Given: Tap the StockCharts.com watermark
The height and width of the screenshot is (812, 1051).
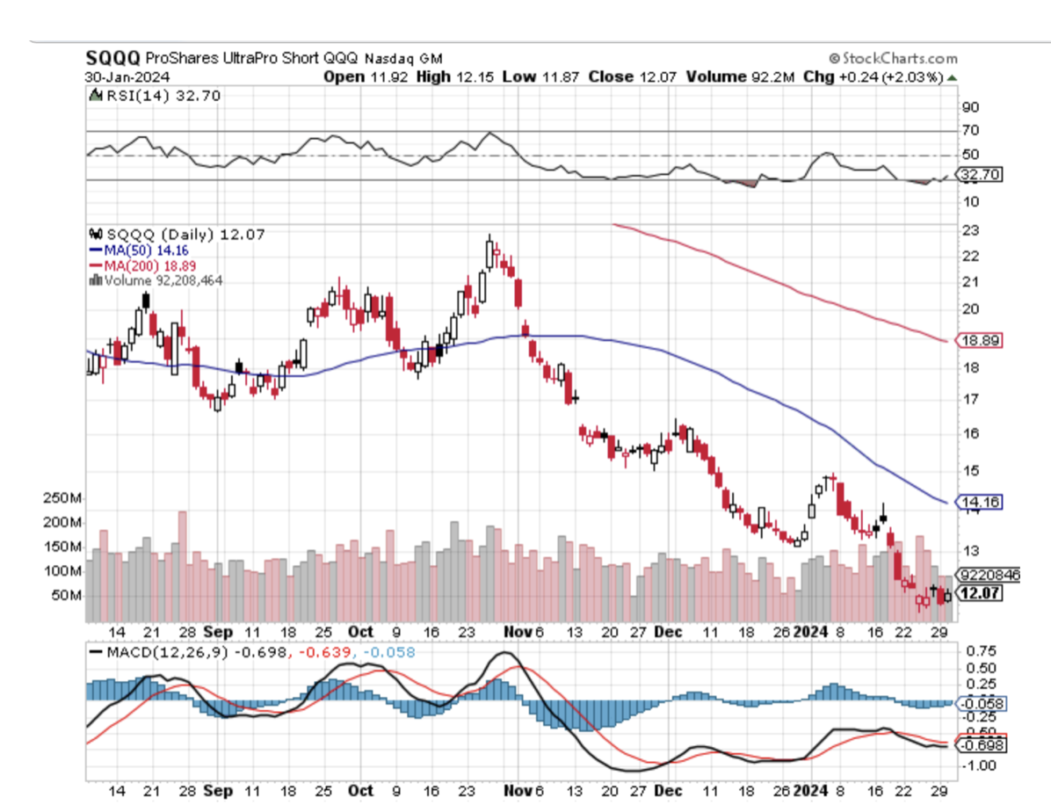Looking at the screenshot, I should [893, 58].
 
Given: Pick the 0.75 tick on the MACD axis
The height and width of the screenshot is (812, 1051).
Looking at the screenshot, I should [981, 652].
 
